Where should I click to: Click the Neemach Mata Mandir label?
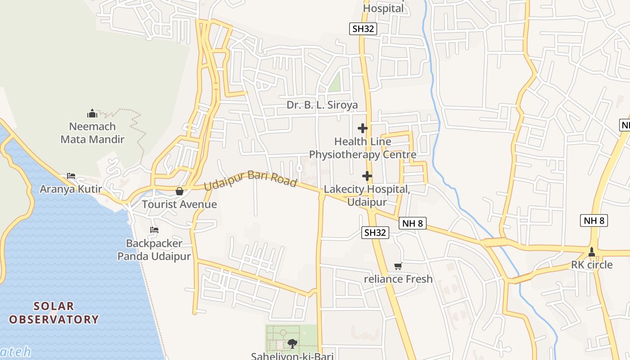[x=92, y=133]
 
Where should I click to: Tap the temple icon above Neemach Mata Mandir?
[x=92, y=113]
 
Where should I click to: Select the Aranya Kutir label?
[x=71, y=189]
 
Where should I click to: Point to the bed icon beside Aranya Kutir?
[x=71, y=175]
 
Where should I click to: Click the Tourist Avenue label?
[x=180, y=204]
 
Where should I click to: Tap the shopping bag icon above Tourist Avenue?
[x=180, y=191]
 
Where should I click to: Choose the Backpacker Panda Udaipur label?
[x=154, y=250]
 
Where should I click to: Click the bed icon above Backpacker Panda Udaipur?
[x=154, y=230]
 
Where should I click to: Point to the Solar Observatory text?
[x=54, y=313]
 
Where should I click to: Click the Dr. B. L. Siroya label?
[x=322, y=105]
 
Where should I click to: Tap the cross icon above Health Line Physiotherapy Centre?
[x=363, y=128]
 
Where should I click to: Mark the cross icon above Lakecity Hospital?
[x=367, y=176]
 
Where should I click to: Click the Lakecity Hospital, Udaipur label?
[x=367, y=195]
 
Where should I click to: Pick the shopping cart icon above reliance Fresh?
[x=398, y=266]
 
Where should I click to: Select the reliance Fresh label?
[x=398, y=279]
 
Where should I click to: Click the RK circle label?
[x=592, y=265]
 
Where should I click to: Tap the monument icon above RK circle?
[x=592, y=252]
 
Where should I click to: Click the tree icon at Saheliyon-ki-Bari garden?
[x=292, y=344]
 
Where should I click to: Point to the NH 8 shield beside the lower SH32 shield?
[x=412, y=223]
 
